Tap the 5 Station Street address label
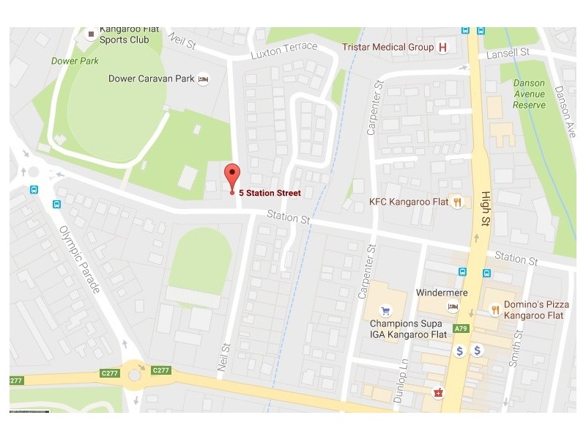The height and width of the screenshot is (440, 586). pyautogui.click(x=270, y=193)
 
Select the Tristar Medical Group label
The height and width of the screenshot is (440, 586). pyautogui.click(x=388, y=47)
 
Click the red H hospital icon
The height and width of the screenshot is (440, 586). pyautogui.click(x=442, y=48)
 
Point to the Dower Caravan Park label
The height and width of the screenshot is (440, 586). pyautogui.click(x=152, y=78)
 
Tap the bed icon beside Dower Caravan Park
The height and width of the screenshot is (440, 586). pyautogui.click(x=204, y=78)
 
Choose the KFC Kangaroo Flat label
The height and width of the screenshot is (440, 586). pyautogui.click(x=409, y=202)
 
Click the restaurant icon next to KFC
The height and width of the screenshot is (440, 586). pyautogui.click(x=457, y=202)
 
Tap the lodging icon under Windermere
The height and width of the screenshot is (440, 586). pyautogui.click(x=454, y=307)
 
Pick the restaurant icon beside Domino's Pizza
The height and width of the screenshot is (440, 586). pyautogui.click(x=495, y=309)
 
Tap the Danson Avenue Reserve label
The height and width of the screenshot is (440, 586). pyautogui.click(x=529, y=94)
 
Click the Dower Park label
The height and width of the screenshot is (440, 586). pyautogui.click(x=75, y=61)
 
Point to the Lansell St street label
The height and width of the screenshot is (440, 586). pyautogui.click(x=508, y=53)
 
